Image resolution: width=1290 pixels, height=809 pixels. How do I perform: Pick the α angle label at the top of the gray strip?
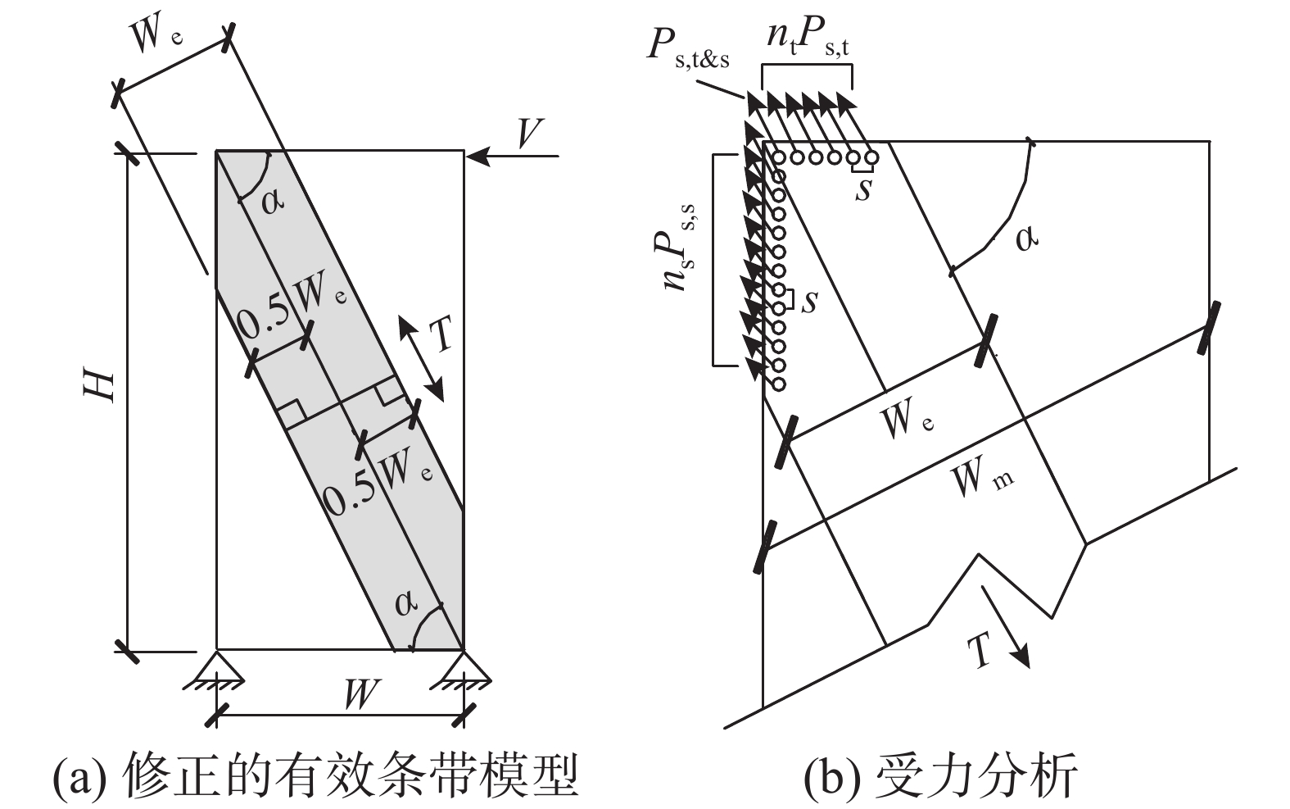(x=274, y=199)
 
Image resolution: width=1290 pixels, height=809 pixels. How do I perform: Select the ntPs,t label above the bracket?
(x=808, y=38)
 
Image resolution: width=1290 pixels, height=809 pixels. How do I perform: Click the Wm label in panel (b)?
(x=982, y=478)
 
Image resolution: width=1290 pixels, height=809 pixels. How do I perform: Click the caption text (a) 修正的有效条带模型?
(x=315, y=775)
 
